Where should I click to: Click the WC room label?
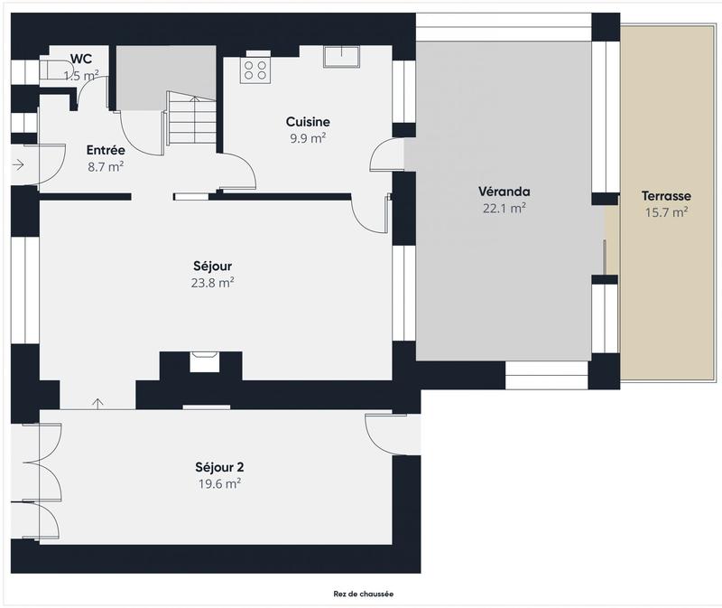pyautogui.click(x=81, y=60)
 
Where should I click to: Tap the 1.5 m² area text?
pyautogui.click(x=81, y=76)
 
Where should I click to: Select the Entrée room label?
pyautogui.click(x=105, y=151)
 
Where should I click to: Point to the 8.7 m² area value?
pyautogui.click(x=105, y=167)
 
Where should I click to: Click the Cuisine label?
pyautogui.click(x=308, y=122)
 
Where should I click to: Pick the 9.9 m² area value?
pyautogui.click(x=308, y=138)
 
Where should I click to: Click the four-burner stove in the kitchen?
pyautogui.click(x=255, y=70)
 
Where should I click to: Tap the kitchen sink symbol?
pyautogui.click(x=342, y=57)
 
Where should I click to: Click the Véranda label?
pyautogui.click(x=504, y=192)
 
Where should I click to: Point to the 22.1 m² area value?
pyautogui.click(x=504, y=208)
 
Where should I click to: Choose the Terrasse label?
pyautogui.click(x=666, y=196)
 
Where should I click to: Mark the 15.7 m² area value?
pyautogui.click(x=666, y=212)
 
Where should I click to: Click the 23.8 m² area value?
pyautogui.click(x=214, y=282)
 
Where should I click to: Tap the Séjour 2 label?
pyautogui.click(x=219, y=467)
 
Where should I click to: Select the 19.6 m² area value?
pyautogui.click(x=219, y=483)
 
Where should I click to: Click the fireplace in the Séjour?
pyautogui.click(x=201, y=362)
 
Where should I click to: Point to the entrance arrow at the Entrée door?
pyautogui.click(x=19, y=164)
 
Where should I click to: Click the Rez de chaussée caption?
pyautogui.click(x=364, y=594)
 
